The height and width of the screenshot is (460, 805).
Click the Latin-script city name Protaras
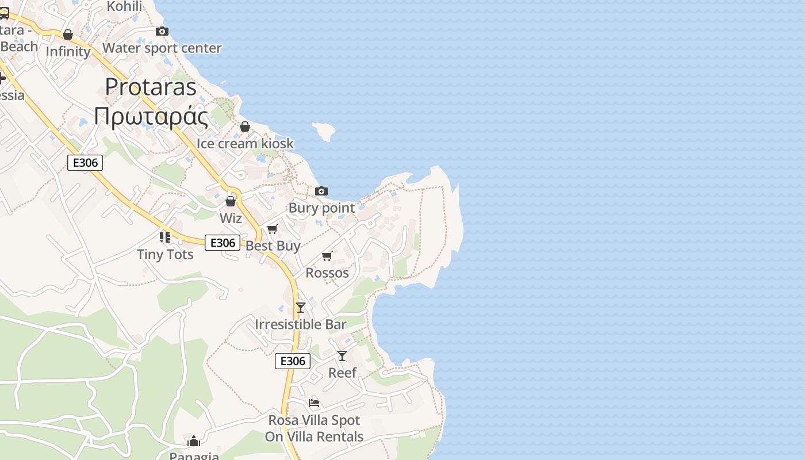[151, 87]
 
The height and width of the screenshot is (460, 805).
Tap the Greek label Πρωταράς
[151, 116]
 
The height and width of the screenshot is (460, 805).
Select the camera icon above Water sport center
[162, 31]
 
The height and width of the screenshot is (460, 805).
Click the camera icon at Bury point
[321, 191]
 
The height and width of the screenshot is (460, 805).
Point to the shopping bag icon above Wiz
[231, 201]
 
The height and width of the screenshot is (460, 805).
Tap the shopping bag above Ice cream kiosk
[245, 126]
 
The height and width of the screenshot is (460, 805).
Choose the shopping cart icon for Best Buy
[273, 229]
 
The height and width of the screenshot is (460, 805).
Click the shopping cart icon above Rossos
[327, 256]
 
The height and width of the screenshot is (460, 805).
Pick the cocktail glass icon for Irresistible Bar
[301, 308]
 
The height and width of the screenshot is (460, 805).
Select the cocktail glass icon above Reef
[342, 356]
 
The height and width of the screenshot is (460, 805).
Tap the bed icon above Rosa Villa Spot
[314, 402]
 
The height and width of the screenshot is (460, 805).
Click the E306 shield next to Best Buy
[223, 243]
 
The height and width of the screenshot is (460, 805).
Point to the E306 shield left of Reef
[293, 361]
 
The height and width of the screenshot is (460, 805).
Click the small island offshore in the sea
[324, 132]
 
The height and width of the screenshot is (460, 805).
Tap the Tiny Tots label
[165, 254]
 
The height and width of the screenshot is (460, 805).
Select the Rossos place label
[327, 273]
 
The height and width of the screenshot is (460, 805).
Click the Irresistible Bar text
[301, 324]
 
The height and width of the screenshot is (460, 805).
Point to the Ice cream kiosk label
[245, 143]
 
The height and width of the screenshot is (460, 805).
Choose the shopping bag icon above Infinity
[68, 34]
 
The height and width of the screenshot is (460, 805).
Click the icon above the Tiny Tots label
[165, 237]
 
